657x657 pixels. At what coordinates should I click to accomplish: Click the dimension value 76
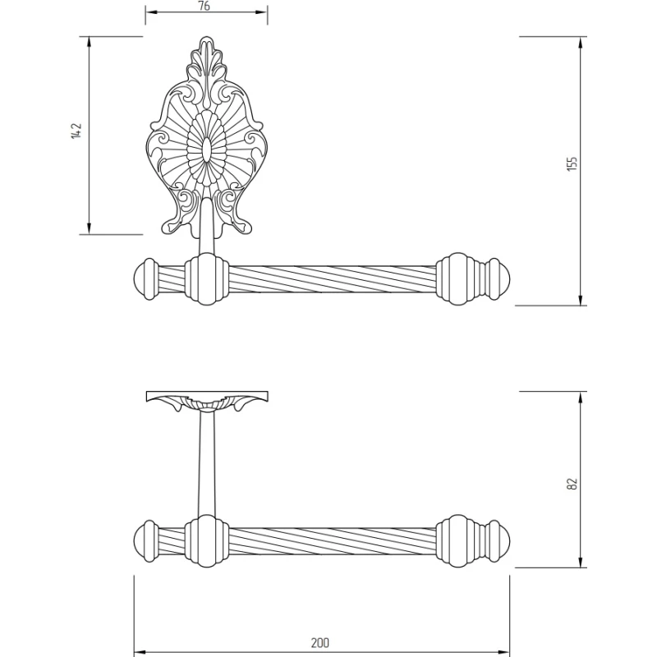[204, 7]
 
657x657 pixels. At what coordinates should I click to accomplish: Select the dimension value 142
[76, 131]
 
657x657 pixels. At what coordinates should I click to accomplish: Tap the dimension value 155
[573, 163]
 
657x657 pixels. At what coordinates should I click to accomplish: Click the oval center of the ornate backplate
[206, 149]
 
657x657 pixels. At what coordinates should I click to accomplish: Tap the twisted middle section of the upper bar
[328, 280]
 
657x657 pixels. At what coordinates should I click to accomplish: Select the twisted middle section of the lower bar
[328, 542]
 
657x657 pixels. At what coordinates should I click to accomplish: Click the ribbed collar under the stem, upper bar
[205, 280]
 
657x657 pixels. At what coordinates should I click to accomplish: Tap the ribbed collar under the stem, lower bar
[205, 542]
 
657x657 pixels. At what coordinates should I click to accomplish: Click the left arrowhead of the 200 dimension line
[138, 630]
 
